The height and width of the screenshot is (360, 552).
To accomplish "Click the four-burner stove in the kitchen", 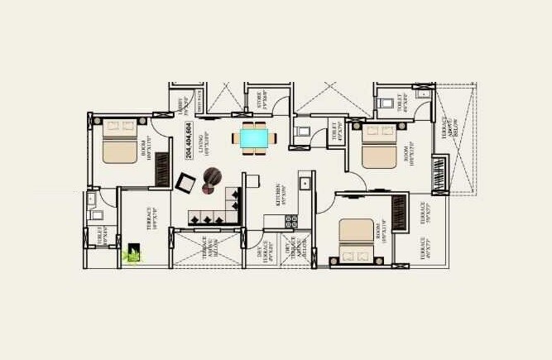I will click(x=291, y=221).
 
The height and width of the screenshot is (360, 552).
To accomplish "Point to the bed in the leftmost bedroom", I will click(x=118, y=142).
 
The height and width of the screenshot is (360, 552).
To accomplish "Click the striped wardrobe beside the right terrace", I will click(x=439, y=175).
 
